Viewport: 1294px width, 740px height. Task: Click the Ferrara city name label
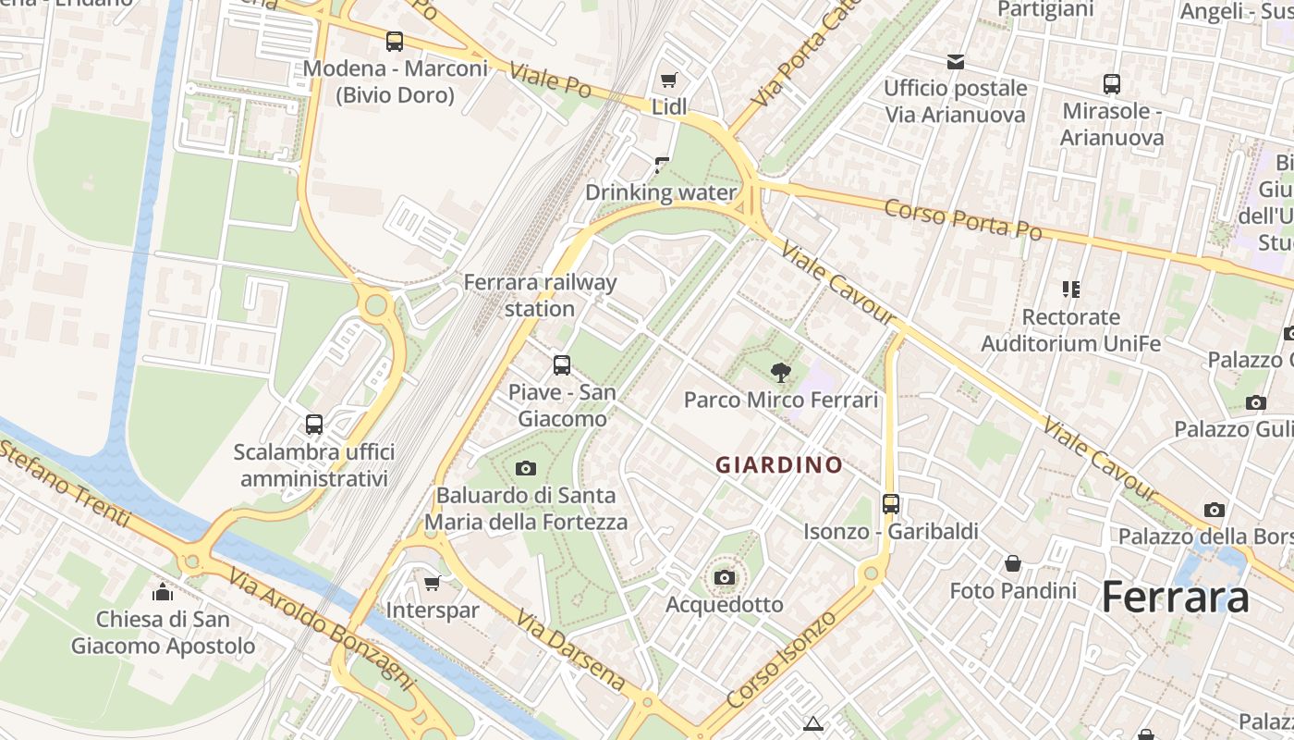click(1175, 598)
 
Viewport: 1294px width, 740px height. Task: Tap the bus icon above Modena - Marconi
click(395, 42)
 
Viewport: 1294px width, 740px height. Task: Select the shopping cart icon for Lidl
click(668, 80)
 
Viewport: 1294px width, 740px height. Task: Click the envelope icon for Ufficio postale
click(955, 62)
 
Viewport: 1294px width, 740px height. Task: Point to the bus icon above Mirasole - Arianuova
click(1112, 84)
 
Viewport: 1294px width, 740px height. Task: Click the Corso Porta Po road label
click(962, 219)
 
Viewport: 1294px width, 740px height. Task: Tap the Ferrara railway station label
click(540, 295)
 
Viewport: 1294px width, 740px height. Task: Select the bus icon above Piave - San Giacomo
click(561, 365)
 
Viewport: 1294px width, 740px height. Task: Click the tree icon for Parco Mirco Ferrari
click(781, 373)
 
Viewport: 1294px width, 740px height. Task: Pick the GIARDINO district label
click(780, 464)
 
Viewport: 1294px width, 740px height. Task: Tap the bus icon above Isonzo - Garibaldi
click(890, 504)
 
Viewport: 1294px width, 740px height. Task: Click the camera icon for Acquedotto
click(725, 578)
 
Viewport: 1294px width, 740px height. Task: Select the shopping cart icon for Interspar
click(432, 583)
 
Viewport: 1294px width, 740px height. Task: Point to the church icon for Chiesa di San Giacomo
click(163, 592)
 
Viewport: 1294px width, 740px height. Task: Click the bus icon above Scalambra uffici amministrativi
click(314, 425)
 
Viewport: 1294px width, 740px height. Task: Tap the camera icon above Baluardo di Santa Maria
click(526, 468)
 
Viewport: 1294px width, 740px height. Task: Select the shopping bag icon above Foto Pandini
click(1013, 562)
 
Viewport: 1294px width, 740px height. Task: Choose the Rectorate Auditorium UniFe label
click(1070, 330)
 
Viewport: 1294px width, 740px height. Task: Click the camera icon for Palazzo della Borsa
click(1215, 510)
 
